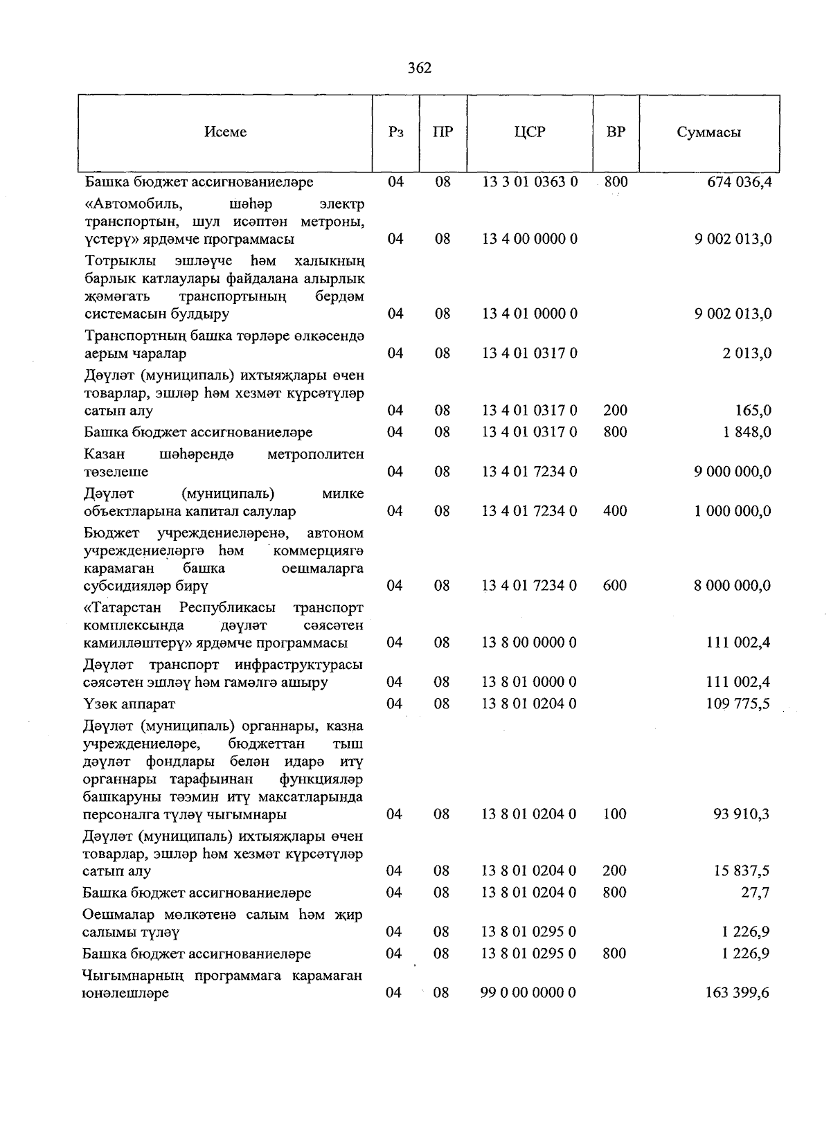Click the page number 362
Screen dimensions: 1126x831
pos(420,67)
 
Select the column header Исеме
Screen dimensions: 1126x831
pos(225,132)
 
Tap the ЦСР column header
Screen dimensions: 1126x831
pos(530,132)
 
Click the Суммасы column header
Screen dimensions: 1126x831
pos(708,132)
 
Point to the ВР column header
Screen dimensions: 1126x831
pos(616,132)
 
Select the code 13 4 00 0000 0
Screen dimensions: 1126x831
pos(530,239)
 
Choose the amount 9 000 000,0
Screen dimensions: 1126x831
pos(733,472)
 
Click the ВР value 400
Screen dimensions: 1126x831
pos(615,511)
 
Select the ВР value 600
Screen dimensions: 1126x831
pos(615,585)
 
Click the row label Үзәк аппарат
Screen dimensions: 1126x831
pos(129,704)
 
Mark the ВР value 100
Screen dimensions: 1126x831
pos(615,814)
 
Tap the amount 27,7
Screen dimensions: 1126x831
pos(756,893)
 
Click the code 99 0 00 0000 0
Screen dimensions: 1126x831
pos(528,992)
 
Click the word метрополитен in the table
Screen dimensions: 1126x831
pos(315,454)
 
